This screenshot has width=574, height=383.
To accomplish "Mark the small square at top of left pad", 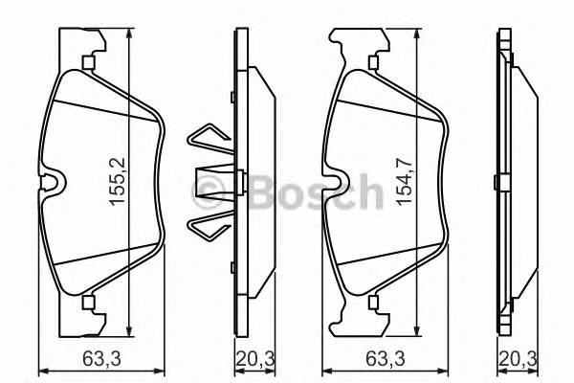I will point(87,63).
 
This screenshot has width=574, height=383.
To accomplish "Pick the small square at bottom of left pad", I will point(87,304).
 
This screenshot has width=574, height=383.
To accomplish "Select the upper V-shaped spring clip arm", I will point(209,143).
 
